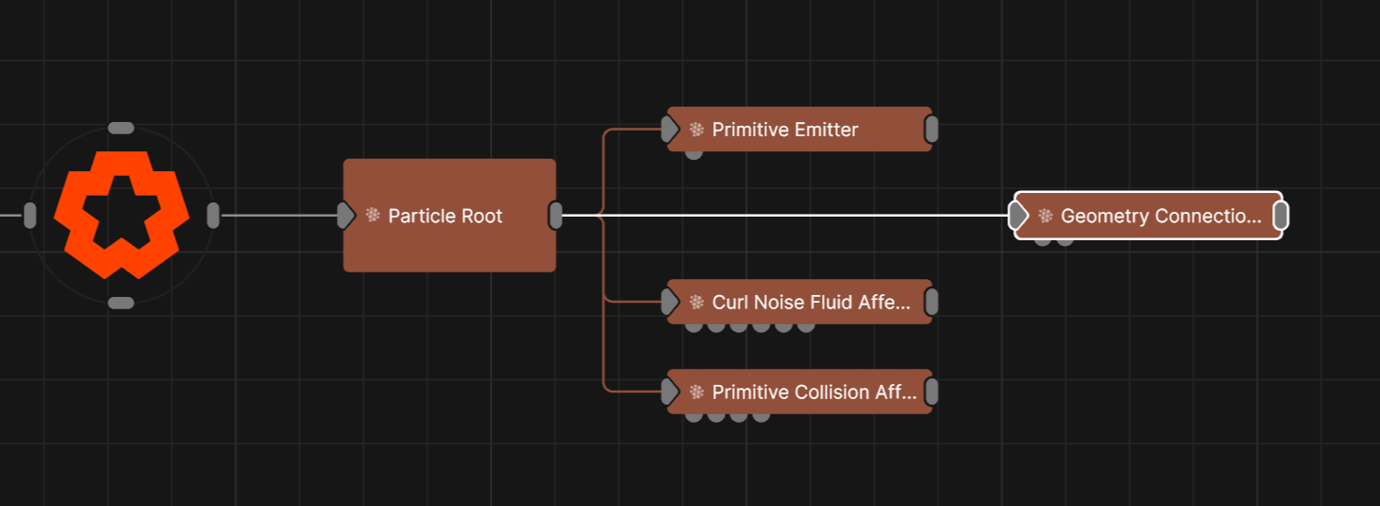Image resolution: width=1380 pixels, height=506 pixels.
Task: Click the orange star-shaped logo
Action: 121,215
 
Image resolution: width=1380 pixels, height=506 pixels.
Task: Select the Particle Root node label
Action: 445,216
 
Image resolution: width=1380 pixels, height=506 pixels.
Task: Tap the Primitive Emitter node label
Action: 785,130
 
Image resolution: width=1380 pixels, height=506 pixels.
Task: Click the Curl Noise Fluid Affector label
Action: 812,303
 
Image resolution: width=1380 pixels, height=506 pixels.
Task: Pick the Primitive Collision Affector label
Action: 814,393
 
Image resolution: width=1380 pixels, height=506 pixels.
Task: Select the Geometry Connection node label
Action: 1161,216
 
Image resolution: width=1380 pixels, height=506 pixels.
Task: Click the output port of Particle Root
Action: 556,216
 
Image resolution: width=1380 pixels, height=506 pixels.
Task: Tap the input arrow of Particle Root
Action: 345,216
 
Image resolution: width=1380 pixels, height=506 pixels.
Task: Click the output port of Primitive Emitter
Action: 932,130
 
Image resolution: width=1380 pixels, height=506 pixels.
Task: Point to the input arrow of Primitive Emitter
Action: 671,130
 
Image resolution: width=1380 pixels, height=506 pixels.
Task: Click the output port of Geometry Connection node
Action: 1281,216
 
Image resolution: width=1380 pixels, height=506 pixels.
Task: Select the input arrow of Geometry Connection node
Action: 1019,216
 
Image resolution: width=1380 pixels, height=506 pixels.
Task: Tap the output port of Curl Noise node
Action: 932,303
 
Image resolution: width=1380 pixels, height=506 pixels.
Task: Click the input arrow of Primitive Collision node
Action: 671,392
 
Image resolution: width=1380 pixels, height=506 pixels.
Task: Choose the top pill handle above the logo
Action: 121,128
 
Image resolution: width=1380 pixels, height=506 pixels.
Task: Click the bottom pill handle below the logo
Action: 121,303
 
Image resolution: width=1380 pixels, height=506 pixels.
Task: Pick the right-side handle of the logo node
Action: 213,216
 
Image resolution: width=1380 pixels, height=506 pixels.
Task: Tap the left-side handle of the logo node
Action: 30,216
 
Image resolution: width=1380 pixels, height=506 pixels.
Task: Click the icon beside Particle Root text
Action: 373,216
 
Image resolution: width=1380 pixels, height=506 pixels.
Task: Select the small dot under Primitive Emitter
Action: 693,153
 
